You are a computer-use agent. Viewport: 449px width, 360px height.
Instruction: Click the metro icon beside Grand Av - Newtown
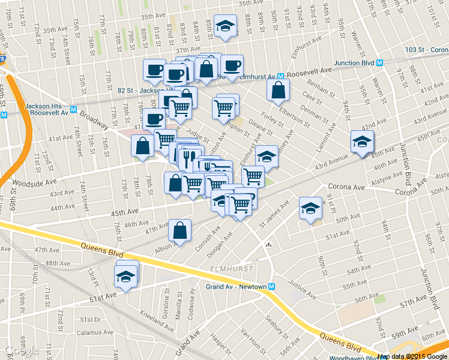(272, 287)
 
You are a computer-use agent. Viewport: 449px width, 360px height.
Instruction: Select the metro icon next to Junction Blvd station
(381, 62)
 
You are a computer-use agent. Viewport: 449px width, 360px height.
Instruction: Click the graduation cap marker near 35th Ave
(225, 27)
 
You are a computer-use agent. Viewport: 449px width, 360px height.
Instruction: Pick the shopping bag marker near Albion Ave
(180, 230)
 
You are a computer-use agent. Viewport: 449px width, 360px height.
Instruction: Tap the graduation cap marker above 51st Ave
(125, 277)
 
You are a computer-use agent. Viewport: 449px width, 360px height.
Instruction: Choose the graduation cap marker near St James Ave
(310, 209)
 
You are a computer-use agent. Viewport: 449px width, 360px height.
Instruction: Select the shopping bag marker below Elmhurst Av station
(279, 91)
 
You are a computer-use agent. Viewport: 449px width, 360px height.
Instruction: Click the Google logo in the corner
(22, 350)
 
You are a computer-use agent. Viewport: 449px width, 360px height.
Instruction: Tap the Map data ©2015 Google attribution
(412, 356)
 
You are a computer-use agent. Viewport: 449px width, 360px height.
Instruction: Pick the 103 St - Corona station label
(426, 50)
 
